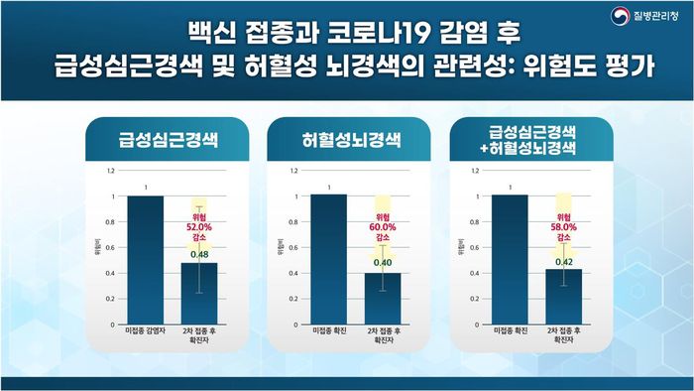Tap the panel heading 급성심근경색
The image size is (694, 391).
[167, 139]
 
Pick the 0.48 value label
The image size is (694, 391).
[198, 255]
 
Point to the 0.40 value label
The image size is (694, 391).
[383, 263]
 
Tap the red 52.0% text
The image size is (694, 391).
[198, 226]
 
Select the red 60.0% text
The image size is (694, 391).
[383, 227]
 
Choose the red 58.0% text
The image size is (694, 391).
[563, 227]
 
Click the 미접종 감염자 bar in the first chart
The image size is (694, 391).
[145, 258]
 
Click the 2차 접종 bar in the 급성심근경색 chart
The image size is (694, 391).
[198, 293]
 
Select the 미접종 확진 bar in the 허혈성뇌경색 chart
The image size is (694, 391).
[329, 258]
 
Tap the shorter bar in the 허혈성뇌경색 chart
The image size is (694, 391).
[383, 296]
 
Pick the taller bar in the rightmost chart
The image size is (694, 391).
[510, 258]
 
